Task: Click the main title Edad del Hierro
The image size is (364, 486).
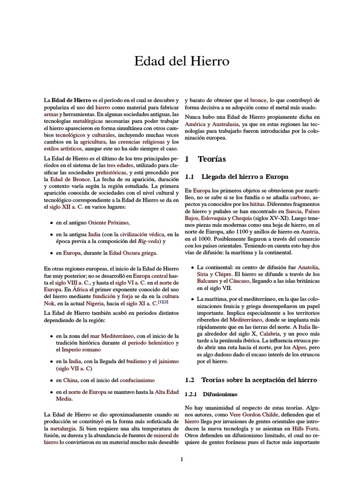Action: tap(182, 62)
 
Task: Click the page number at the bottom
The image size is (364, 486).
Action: tap(182, 459)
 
